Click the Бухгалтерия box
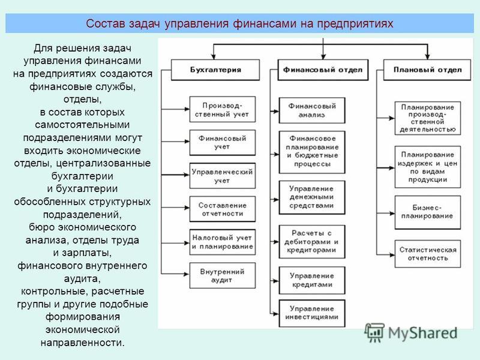215,70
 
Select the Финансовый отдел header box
323,70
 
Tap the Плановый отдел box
427,70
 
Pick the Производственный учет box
223,109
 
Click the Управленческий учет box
223,176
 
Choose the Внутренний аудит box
223,275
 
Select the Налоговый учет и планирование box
223,242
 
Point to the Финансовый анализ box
312,110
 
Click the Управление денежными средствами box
312,197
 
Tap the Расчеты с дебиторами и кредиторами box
312,242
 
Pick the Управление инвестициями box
312,313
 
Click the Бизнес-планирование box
428,212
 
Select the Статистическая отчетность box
428,254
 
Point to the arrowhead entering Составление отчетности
187,208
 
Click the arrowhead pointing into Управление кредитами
276,281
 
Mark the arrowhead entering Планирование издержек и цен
392,168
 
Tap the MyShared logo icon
374,333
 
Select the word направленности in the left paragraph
83,343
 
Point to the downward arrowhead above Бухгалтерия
214,56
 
